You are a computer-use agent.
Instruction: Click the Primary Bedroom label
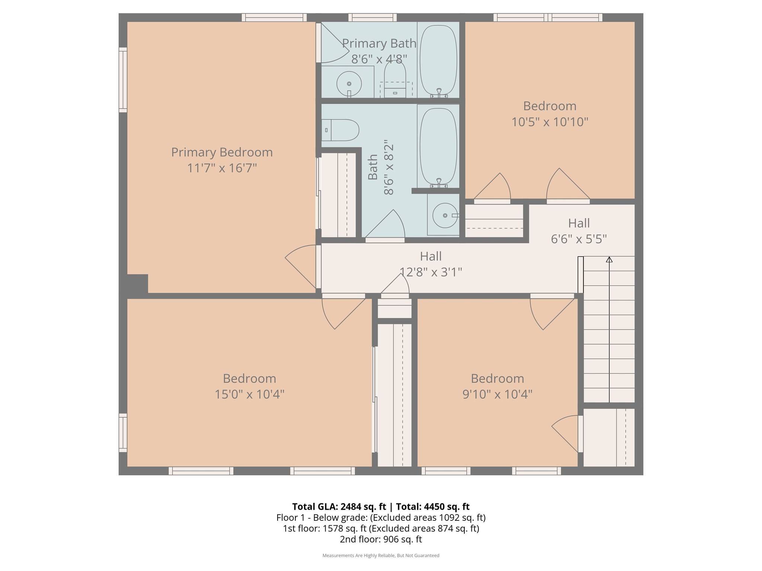[222, 152]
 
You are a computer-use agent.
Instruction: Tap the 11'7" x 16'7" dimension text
[222, 168]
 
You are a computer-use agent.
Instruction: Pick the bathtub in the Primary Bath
[438, 59]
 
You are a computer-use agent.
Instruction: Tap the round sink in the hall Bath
[445, 215]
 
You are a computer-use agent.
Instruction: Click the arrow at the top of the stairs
[609, 259]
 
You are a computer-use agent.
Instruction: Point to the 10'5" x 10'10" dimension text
[550, 122]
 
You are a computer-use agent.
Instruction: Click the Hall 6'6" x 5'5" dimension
[579, 239]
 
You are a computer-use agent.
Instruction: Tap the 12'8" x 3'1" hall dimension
[430, 272]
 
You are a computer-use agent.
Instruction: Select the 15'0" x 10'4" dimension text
[249, 394]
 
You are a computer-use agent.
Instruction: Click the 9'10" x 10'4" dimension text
[497, 394]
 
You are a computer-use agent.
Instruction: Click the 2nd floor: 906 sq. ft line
[381, 539]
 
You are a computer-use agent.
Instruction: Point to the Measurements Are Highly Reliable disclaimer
[381, 555]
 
